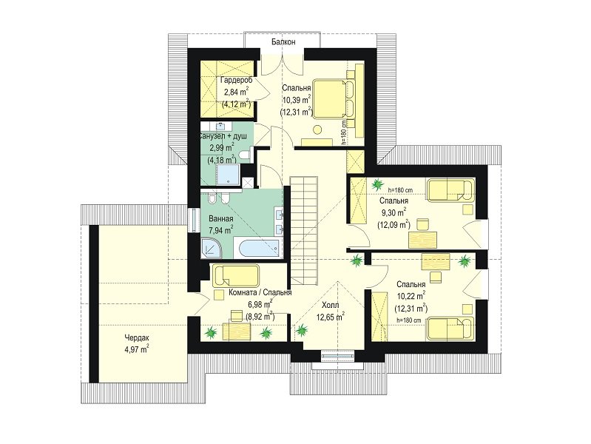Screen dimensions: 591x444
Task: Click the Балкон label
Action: tap(283, 42)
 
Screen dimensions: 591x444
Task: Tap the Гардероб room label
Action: tap(236, 80)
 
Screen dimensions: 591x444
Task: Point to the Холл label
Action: tap(331, 305)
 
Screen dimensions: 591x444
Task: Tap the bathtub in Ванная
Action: tap(257, 248)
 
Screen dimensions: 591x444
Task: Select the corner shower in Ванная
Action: tap(211, 249)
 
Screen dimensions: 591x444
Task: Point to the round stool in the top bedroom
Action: tap(318, 129)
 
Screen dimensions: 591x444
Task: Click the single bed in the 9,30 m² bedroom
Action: tap(450, 190)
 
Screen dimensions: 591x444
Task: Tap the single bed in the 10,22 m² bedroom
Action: tap(450, 329)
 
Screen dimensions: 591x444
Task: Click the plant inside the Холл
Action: tap(302, 331)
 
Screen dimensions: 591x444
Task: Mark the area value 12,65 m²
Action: tap(330, 317)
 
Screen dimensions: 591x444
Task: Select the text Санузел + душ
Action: tap(223, 136)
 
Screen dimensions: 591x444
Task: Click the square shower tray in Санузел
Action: tap(227, 175)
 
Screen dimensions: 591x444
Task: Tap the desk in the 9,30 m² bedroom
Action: tap(423, 240)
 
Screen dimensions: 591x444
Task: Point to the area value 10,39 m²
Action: tap(297, 100)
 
